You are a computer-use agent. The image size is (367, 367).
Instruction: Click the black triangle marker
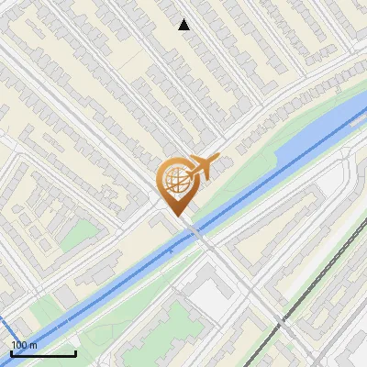(x=183, y=25)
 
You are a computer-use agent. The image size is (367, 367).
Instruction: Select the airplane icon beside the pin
(x=204, y=167)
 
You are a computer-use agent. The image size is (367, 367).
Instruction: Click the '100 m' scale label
(x=25, y=345)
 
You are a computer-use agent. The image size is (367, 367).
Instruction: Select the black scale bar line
(x=43, y=353)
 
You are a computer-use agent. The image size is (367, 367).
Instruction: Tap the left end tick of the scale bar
(x=11, y=352)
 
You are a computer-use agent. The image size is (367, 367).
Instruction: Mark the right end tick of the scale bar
(x=75, y=352)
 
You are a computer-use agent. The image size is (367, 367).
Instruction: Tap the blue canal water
(x=110, y=275)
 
